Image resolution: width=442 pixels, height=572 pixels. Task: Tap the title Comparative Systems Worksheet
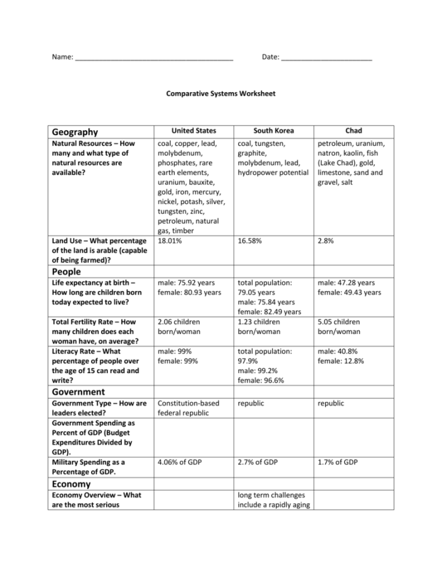[220, 93]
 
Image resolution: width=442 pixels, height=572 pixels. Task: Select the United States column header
[193, 131]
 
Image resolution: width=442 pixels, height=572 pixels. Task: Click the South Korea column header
[272, 131]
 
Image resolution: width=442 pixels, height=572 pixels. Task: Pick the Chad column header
[354, 131]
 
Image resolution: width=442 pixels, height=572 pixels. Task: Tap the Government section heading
[79, 391]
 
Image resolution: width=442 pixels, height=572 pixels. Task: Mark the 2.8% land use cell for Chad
[326, 241]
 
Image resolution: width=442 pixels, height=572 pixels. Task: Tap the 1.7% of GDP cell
[338, 462]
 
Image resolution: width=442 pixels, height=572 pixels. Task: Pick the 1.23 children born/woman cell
[260, 326]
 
